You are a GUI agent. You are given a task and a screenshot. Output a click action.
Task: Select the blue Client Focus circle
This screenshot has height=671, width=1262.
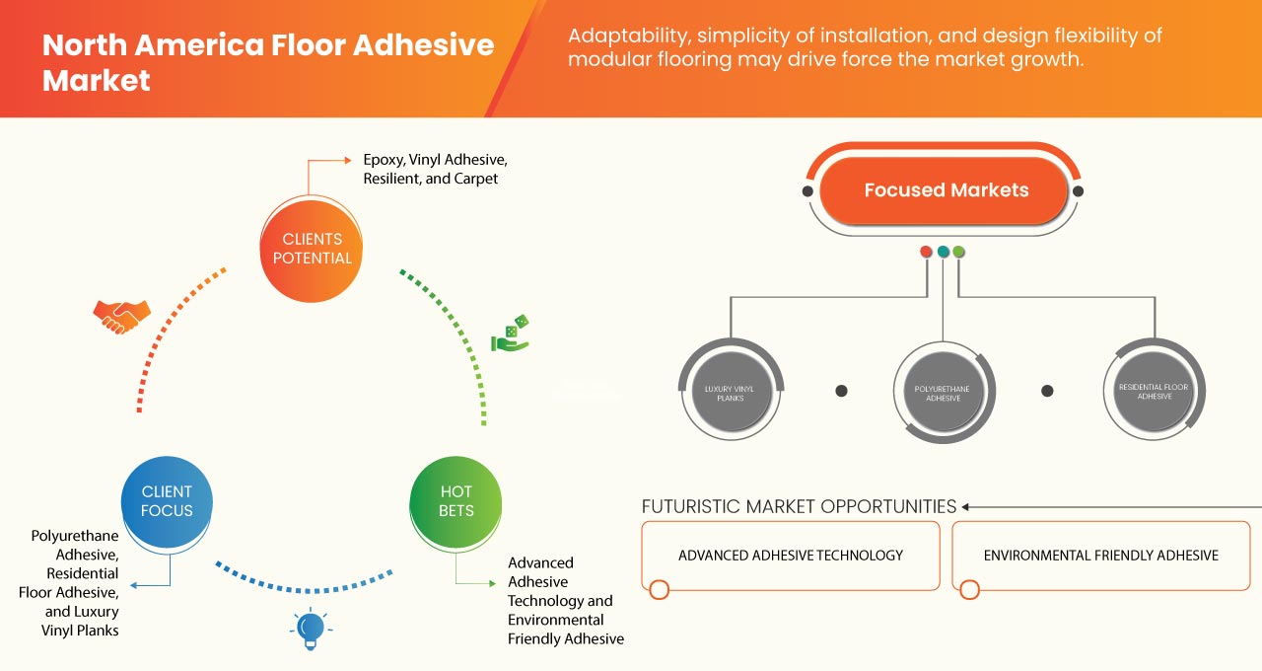pos(167,501)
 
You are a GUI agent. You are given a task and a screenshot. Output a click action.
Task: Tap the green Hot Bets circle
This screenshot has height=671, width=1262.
pos(456,501)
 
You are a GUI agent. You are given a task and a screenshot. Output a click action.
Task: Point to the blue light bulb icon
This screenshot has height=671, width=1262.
pos(311,628)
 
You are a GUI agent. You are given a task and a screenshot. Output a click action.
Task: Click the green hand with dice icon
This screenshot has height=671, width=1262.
pos(511,335)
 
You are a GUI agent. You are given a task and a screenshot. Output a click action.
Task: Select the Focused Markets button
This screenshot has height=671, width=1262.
pos(946,190)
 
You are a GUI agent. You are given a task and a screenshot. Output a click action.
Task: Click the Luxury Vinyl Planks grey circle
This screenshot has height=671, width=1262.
pos(731,389)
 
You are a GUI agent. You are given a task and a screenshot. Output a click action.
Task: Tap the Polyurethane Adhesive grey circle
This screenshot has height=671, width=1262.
pos(944,389)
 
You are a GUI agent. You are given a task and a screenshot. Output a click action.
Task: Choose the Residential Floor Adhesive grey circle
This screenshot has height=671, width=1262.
pos(1154,389)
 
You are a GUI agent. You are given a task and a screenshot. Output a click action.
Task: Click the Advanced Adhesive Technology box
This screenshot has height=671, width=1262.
pos(790,556)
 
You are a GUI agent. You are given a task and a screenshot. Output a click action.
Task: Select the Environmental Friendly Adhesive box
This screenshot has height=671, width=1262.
pos(1100,556)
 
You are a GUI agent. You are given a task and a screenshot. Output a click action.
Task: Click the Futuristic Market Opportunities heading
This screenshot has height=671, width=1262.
pos(799,506)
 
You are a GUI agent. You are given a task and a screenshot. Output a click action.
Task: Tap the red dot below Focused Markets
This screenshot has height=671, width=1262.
pos(926,252)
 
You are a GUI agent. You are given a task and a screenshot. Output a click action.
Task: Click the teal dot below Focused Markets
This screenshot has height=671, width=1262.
pos(944,252)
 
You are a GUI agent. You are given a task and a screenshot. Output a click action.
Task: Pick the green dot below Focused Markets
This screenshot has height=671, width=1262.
pos(959,252)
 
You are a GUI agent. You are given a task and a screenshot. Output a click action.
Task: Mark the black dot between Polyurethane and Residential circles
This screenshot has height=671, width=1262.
pos(1047,391)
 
